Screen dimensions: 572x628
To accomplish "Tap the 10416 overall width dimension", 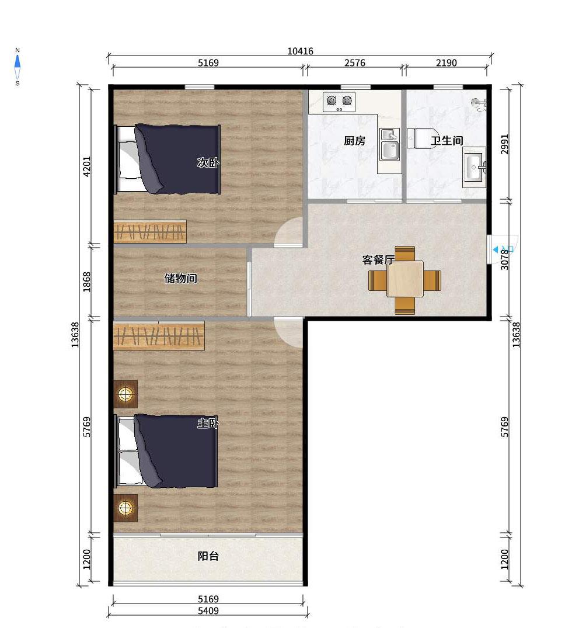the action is pos(300,51).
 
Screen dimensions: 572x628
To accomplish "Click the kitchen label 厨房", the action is pos(355,141).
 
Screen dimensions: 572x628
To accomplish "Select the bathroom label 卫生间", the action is pos(447,141).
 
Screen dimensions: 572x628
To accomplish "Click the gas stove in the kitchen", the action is pos(339,102).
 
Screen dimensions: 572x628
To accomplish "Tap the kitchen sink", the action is pos(389,144).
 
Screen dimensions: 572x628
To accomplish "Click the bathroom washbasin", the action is pos(475,168).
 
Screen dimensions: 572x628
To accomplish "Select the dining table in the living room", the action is pos(404,279).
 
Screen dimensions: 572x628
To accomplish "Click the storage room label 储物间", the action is pos(180,278).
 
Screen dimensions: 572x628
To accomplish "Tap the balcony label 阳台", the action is pos(208,556).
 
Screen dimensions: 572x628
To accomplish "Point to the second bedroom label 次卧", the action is pos(208,162).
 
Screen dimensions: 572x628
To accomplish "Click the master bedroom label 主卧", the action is pos(208,423).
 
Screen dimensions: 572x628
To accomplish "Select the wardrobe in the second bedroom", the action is pos(150,231).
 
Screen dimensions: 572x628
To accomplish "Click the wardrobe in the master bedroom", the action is pos(159,335).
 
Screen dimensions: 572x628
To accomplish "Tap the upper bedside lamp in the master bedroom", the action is pos(125,394).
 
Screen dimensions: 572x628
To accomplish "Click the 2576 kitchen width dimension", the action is pos(355,63).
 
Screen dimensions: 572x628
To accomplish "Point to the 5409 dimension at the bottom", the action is pos(208,611).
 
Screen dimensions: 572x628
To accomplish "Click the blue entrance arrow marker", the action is pos(496,249).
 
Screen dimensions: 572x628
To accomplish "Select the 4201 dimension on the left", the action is pos(86,166).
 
